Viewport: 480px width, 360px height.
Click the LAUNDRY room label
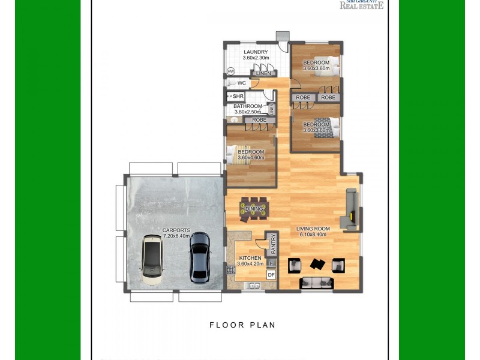coord(256,52)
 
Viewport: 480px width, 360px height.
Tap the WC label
coord(242,83)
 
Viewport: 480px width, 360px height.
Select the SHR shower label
coord(238,96)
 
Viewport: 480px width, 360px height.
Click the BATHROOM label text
coord(248,106)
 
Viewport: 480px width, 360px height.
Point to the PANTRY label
coord(272,245)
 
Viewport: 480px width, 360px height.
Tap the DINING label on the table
coord(254,209)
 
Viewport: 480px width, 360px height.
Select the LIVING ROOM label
coord(313,229)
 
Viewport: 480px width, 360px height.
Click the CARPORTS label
coord(176,230)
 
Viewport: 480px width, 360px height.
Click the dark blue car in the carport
coord(199,257)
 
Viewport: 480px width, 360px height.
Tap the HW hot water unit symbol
coord(231,71)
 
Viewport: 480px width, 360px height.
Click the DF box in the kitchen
coord(271,275)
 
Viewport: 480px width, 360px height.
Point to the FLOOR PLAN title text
coord(242,325)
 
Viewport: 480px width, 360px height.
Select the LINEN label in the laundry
coord(263,73)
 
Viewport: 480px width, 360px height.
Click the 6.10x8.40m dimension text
coord(313,235)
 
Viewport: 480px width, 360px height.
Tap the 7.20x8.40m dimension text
coord(176,236)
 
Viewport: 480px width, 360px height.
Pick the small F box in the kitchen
coord(271,263)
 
